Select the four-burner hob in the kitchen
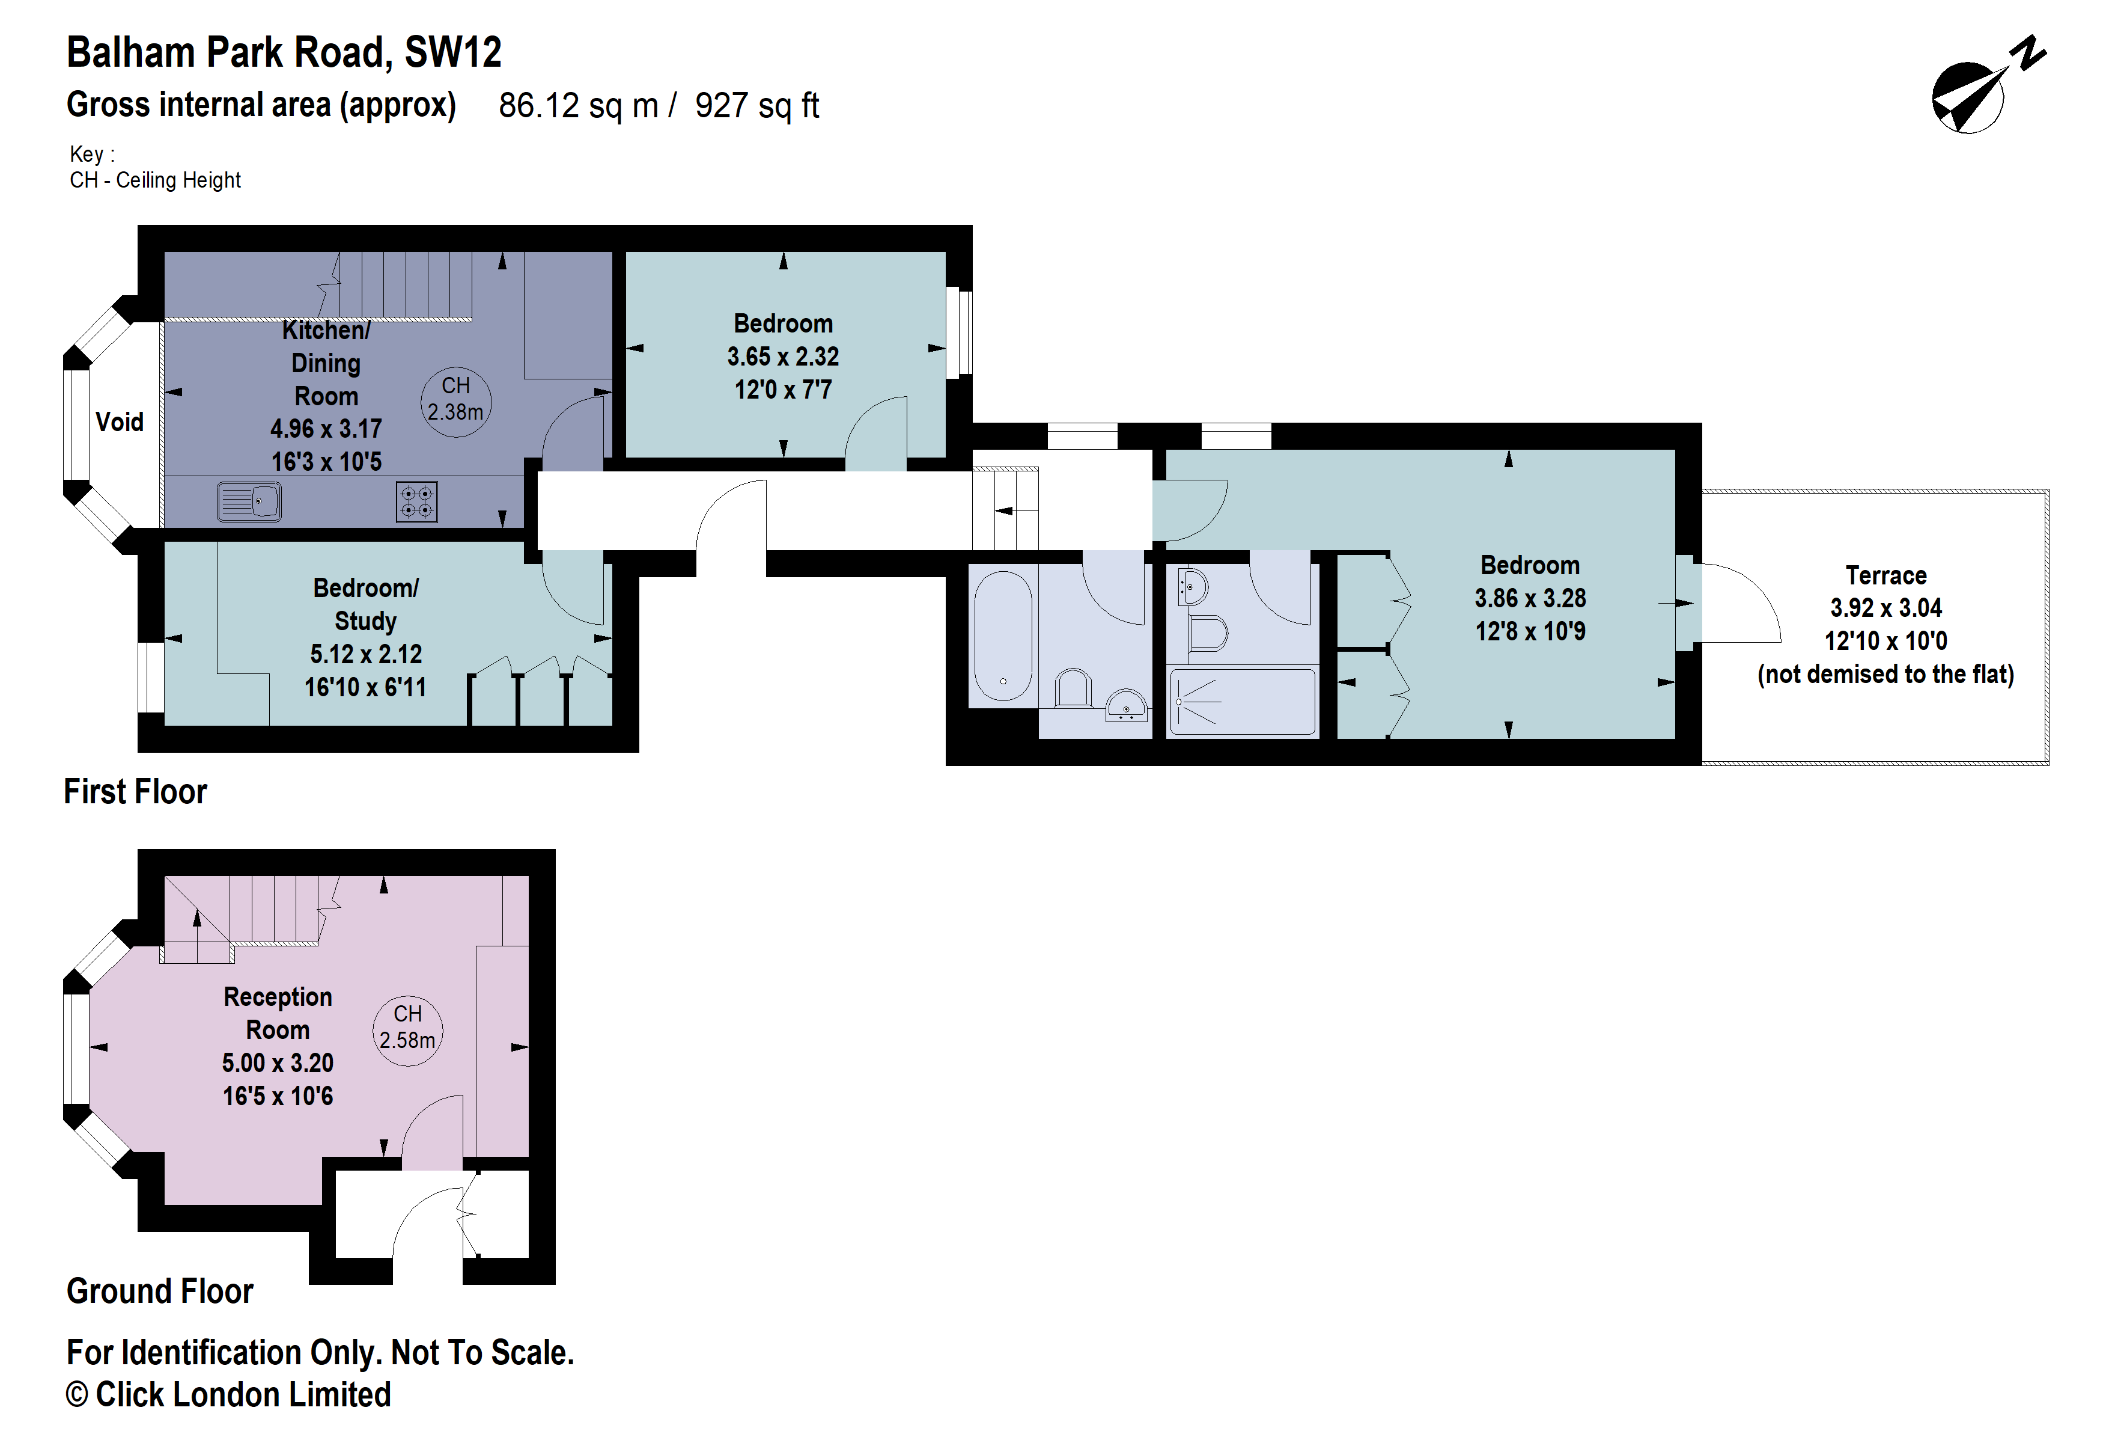point(416,501)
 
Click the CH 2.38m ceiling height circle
point(455,399)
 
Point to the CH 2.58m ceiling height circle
point(407,1028)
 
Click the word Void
point(120,422)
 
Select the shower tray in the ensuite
point(1241,702)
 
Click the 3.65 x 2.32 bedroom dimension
point(783,357)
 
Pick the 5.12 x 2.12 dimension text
point(365,654)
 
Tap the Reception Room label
point(278,1013)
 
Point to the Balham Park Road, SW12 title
point(284,52)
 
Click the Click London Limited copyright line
point(228,1395)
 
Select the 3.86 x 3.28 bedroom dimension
point(1530,598)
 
